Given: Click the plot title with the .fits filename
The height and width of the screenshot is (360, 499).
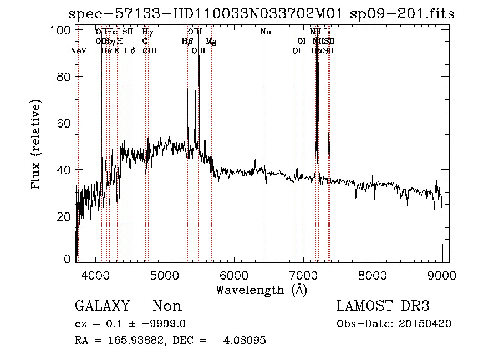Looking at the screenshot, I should click(261, 13).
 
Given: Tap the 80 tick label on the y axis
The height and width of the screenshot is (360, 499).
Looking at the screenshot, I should click(66, 77).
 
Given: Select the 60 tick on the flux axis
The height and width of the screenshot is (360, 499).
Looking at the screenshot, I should click(66, 123).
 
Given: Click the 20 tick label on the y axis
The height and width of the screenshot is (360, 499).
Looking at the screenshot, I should click(66, 216).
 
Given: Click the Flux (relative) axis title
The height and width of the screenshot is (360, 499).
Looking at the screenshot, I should click(37, 145).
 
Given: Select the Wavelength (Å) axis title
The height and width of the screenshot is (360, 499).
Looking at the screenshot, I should click(261, 290).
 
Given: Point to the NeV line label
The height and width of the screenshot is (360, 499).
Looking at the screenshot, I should click(79, 51).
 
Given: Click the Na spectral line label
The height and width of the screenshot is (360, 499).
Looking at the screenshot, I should click(266, 32).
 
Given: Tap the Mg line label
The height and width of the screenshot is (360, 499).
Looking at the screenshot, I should click(211, 42).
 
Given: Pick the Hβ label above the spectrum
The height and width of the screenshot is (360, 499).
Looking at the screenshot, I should click(187, 42).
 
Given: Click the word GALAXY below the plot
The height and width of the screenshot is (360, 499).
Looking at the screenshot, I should click(102, 306).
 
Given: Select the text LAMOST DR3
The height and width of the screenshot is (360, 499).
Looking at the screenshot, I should click(383, 306).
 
